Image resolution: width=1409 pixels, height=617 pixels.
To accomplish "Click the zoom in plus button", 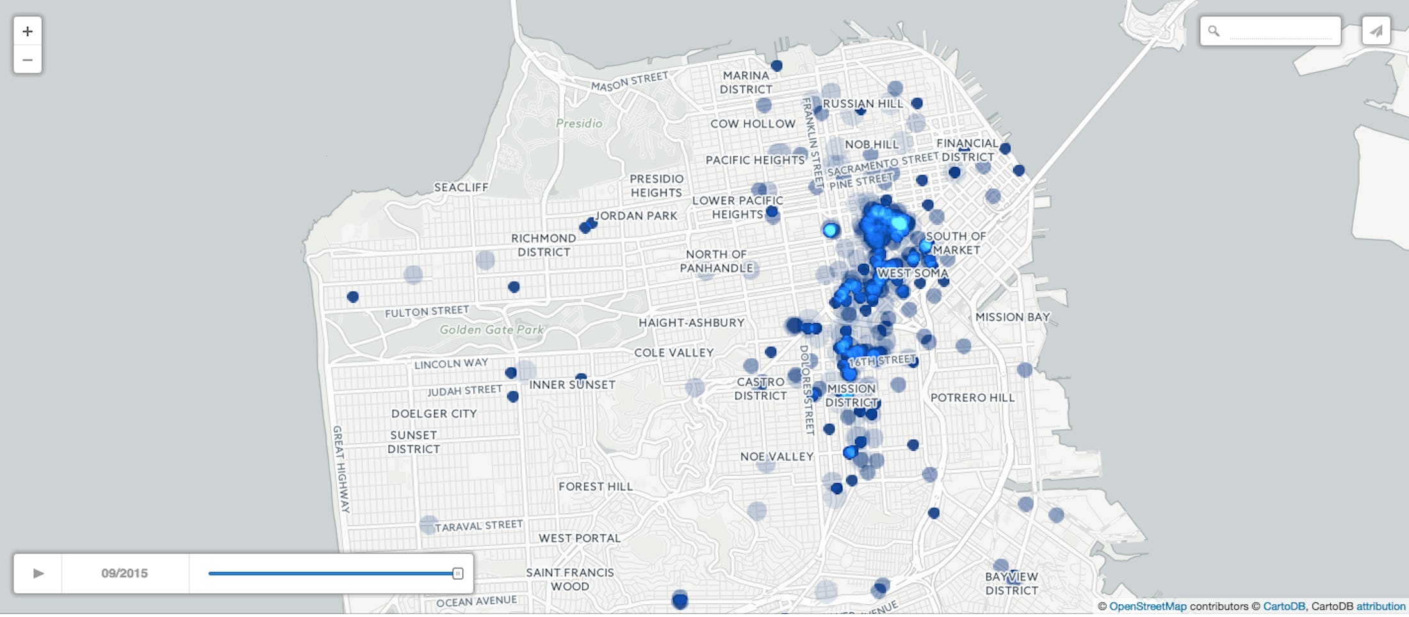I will coord(28,31).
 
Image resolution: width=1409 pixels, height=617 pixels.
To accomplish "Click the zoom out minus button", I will coord(28,60).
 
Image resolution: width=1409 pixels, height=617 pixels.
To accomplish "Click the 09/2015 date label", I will coord(124,573).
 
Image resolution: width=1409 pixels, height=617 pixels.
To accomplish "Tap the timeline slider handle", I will coord(457,573).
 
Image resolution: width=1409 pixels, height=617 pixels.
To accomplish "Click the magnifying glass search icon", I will coord(1214,31).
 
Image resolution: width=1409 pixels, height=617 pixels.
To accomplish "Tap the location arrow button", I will coord(1376,31).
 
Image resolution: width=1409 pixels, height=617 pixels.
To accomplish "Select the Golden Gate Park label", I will coord(491,330).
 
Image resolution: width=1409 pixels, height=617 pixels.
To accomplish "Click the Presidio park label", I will coord(579,124).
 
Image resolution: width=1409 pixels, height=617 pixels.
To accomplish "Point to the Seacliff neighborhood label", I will coord(461,188).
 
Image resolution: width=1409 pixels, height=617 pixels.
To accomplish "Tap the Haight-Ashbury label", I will coord(692,323).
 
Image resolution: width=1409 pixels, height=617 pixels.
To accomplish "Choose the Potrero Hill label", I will coord(972,397).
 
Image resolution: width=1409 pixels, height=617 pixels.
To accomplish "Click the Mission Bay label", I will coord(1013,317).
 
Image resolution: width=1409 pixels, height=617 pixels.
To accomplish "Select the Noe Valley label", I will coord(776,456).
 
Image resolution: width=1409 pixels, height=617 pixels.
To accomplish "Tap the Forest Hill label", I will coord(596,486).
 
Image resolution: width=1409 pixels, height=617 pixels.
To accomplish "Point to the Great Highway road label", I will coord(341,469).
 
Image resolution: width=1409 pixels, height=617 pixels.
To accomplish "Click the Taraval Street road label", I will coord(478,526).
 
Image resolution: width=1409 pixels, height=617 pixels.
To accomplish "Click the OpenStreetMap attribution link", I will coord(1148,606).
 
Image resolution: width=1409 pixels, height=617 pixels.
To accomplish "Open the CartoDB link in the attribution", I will coord(1283,606).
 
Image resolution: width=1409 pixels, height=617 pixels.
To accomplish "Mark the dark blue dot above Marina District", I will coord(776,65).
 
